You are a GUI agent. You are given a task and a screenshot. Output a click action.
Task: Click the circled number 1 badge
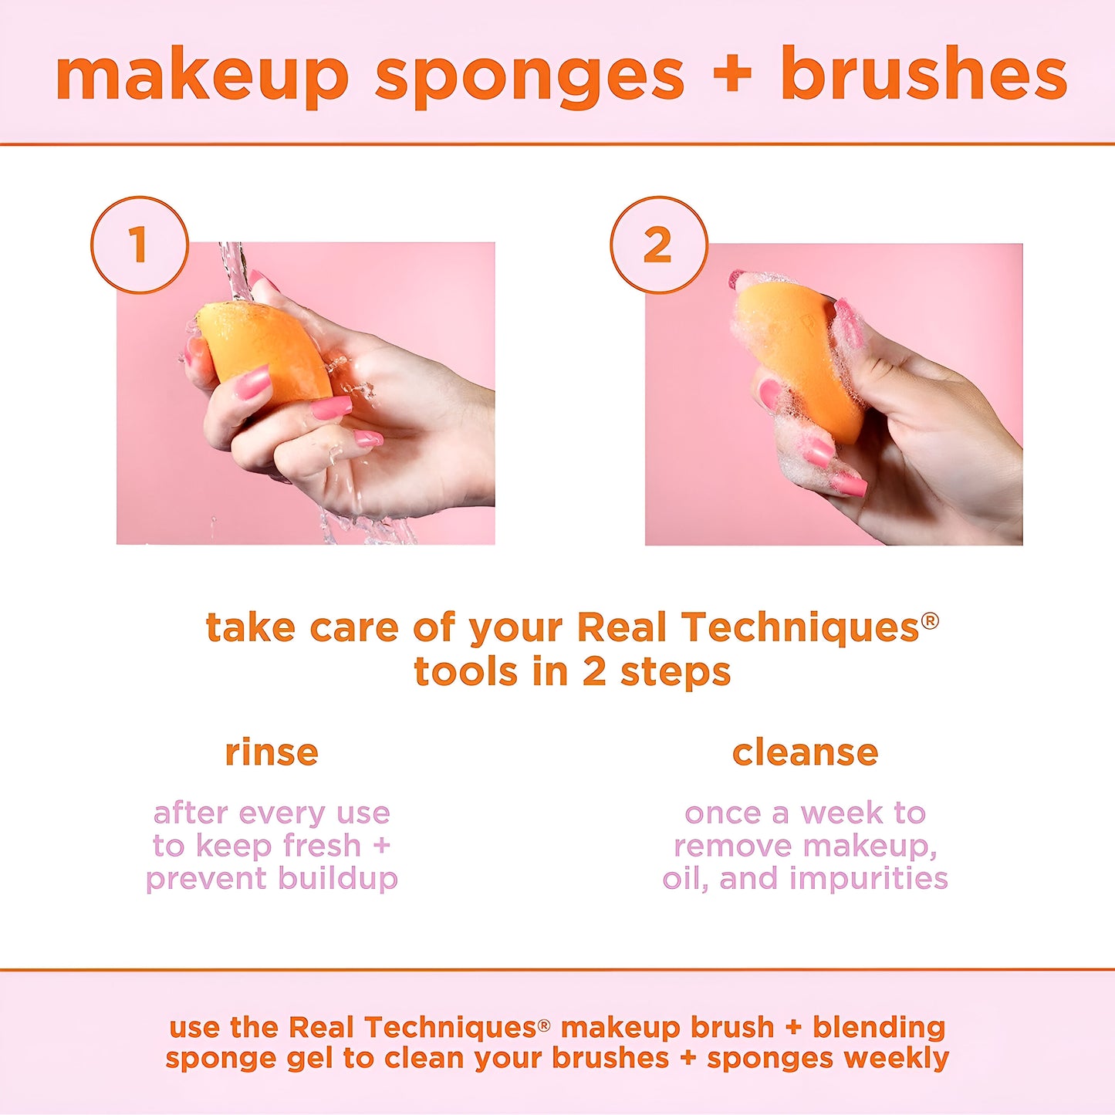click(140, 245)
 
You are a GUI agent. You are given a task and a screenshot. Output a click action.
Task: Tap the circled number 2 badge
click(658, 245)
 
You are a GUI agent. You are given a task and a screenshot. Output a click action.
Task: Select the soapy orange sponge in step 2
click(795, 355)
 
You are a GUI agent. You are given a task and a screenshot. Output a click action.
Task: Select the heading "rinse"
click(272, 752)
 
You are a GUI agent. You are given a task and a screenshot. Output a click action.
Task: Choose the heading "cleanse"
click(805, 752)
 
